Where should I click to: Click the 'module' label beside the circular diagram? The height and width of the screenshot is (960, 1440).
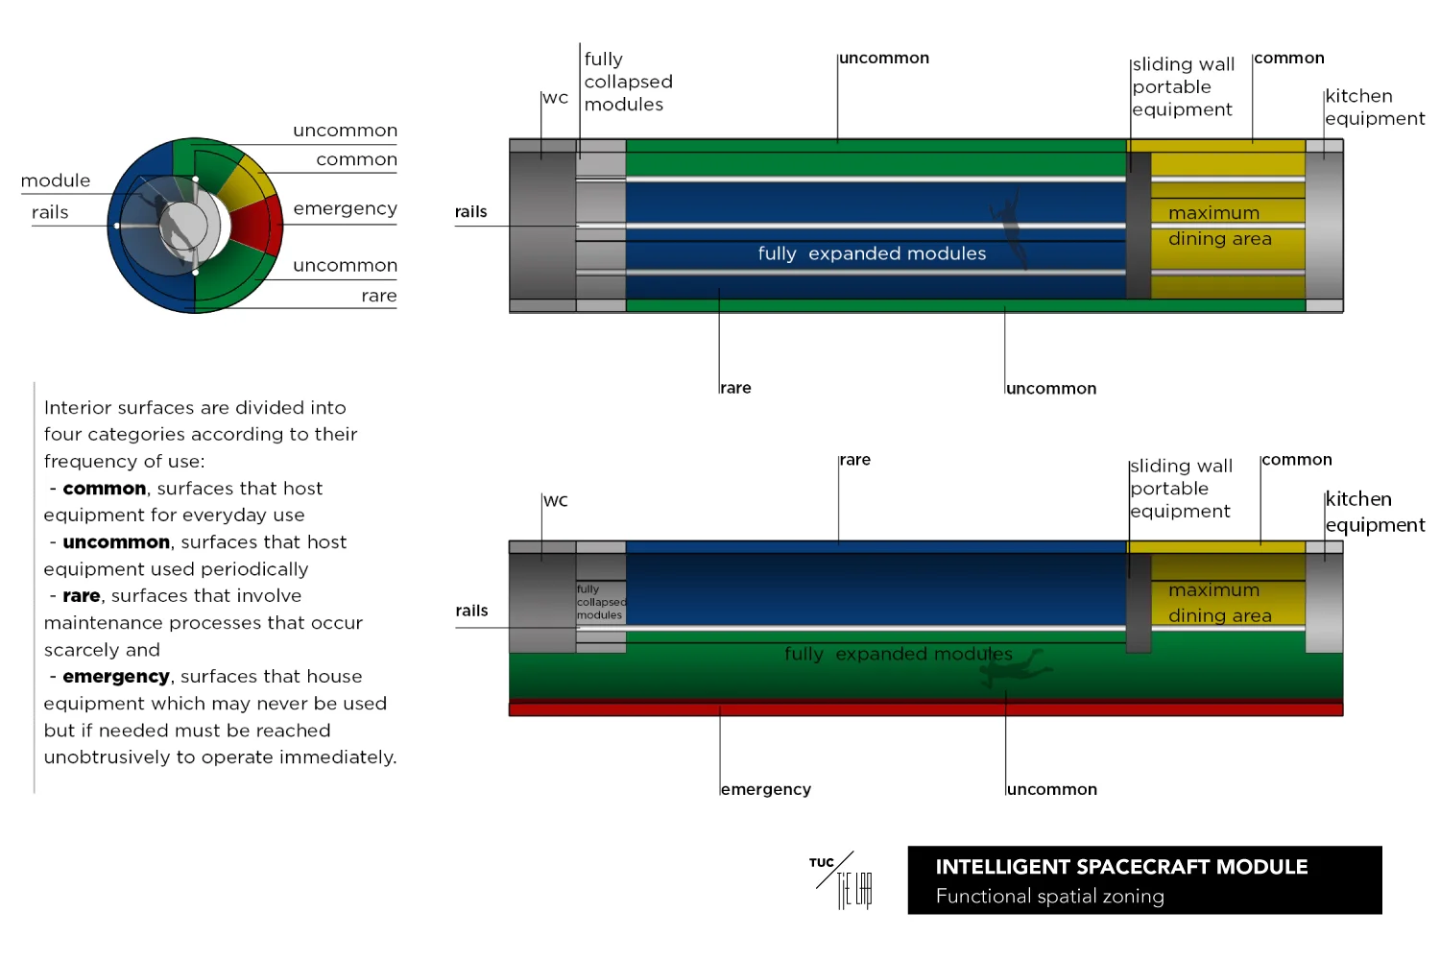coord(56,180)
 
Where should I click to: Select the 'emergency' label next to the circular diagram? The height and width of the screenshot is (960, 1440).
coord(346,209)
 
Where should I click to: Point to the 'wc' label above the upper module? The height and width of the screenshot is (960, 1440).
coord(556,98)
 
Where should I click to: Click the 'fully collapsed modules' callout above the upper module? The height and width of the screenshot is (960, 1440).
coord(628,82)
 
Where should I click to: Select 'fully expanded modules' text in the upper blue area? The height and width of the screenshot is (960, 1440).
coord(872,253)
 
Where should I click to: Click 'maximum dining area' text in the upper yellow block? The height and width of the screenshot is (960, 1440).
coord(1219,226)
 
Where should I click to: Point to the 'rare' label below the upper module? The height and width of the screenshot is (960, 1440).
coord(735,388)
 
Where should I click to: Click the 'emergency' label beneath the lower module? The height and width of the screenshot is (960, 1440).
coord(766,790)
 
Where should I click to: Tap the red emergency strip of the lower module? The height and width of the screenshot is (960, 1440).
coord(925,708)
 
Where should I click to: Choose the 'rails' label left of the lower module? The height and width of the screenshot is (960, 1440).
coord(472,611)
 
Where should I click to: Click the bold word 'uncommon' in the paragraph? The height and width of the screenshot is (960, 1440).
coord(116,542)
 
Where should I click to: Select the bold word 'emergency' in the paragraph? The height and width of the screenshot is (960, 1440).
coord(116,677)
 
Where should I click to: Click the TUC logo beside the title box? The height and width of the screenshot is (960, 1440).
coord(842,880)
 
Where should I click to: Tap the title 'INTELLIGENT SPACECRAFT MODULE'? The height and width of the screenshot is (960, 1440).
coord(1121,867)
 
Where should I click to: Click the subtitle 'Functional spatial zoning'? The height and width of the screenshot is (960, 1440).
coord(1050,897)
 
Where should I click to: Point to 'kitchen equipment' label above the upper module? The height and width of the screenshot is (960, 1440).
coord(1375,108)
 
